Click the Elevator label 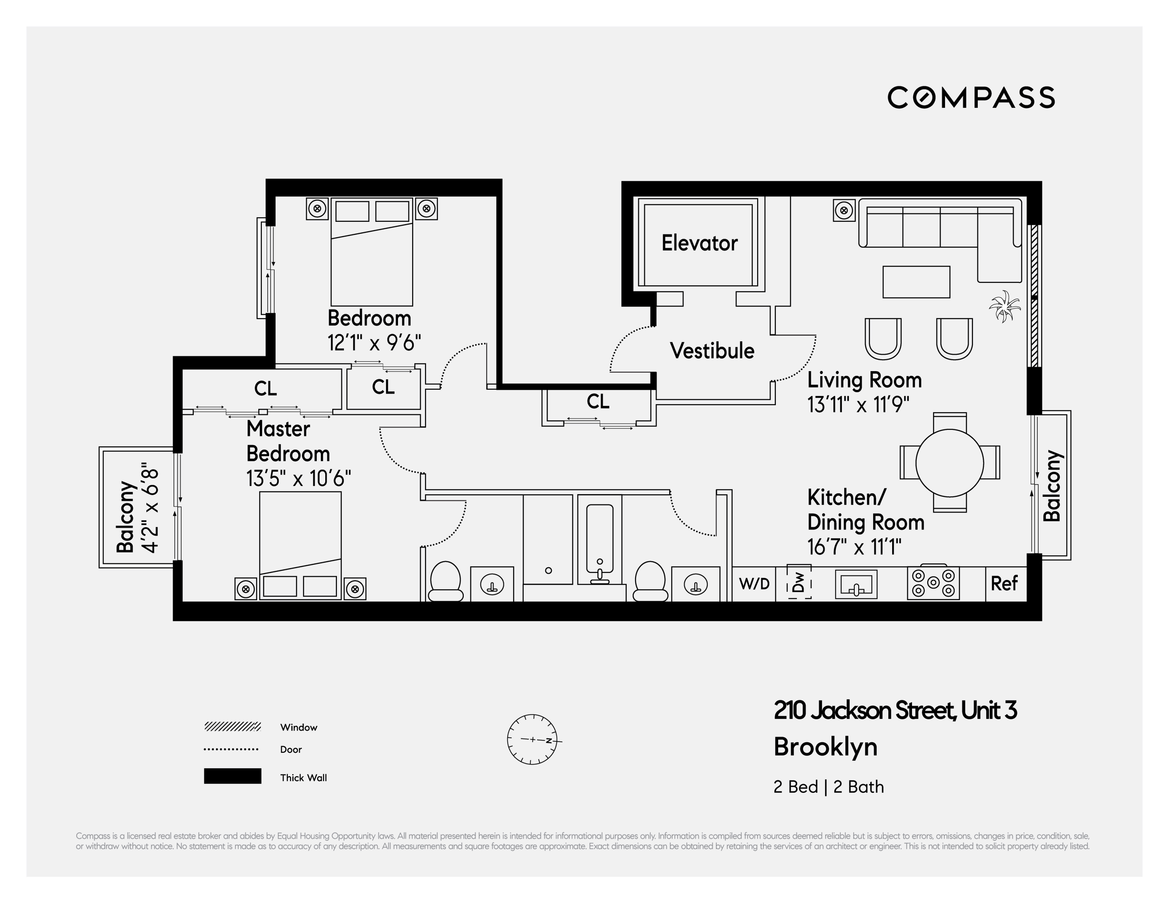pyautogui.click(x=699, y=243)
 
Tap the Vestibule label pyautogui.click(x=712, y=351)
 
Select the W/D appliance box pyautogui.click(x=754, y=583)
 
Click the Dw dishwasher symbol pyautogui.click(x=798, y=582)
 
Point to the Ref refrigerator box pyautogui.click(x=1003, y=583)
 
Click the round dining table pyautogui.click(x=949, y=463)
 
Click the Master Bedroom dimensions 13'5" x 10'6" pyautogui.click(x=298, y=479)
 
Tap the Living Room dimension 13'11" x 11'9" pyautogui.click(x=858, y=405)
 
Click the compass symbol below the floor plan pyautogui.click(x=532, y=739)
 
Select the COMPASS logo pyautogui.click(x=971, y=97)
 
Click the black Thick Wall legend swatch pyautogui.click(x=232, y=776)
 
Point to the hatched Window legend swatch pyautogui.click(x=232, y=727)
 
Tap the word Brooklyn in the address pyautogui.click(x=825, y=747)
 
